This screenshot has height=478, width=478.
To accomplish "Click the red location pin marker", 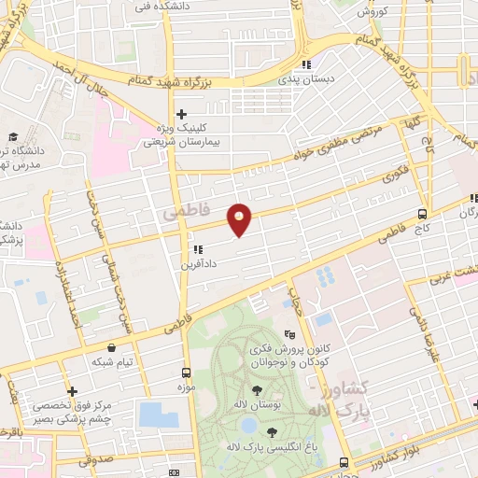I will coord(240,219).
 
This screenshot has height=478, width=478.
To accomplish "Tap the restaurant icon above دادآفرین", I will coord(197,250).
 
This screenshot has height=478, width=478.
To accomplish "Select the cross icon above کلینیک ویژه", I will coord(182,116).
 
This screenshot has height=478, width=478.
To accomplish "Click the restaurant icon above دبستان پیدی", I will coord(304,64).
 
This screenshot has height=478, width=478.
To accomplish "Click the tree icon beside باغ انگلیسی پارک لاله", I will coord(272,431).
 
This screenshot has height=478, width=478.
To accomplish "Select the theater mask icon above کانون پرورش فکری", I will coord(290,333).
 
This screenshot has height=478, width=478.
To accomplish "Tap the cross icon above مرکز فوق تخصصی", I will coord(72,392).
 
